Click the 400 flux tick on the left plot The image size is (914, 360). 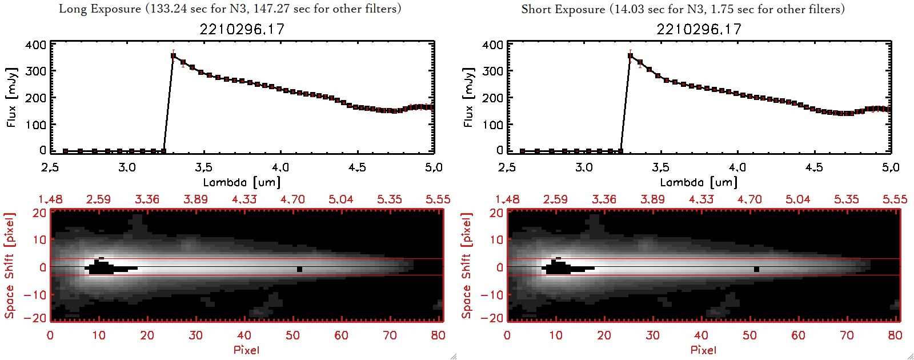[35, 45]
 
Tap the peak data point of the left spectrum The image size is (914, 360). [174, 56]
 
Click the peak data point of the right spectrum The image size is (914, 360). [631, 56]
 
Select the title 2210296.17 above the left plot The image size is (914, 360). [242, 29]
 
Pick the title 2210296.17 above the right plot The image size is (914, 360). [699, 29]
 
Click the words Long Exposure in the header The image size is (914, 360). [100, 9]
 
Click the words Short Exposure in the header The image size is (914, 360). [563, 9]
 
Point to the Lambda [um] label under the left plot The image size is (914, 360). [242, 182]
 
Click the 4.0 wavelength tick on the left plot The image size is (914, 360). [280, 167]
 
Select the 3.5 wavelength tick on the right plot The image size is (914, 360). [660, 167]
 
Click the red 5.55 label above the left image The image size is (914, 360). [438, 199]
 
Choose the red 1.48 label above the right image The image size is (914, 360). [507, 199]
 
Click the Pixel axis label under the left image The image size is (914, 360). [246, 350]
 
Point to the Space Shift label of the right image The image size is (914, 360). [467, 266]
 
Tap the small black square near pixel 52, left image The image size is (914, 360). [299, 269]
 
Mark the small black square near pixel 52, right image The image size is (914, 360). [757, 269]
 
